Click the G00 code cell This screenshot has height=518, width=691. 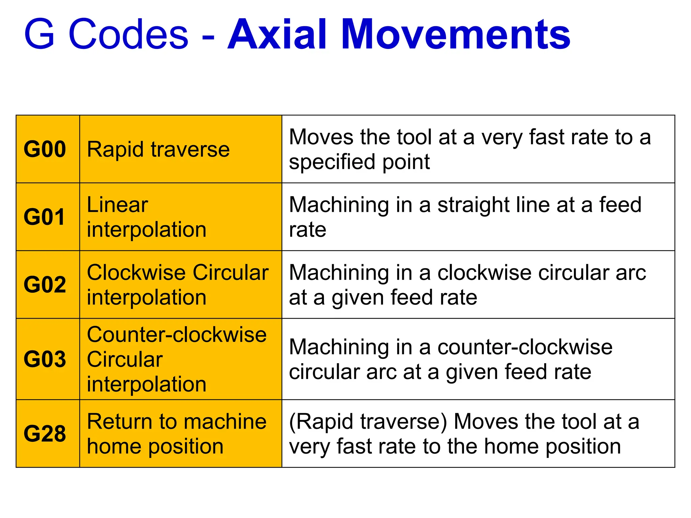[x=45, y=149]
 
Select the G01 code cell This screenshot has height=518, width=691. [x=44, y=217]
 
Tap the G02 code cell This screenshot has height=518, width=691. [x=45, y=285]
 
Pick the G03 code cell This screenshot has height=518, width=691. [x=45, y=359]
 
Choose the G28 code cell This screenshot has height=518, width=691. [x=45, y=434]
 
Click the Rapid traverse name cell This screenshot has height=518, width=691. [x=158, y=149]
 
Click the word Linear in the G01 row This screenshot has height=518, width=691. [x=117, y=205]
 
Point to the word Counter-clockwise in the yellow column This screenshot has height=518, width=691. [x=177, y=335]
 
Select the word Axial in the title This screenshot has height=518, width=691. [x=277, y=34]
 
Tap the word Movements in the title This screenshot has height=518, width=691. [x=455, y=34]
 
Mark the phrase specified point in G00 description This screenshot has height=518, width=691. [x=359, y=162]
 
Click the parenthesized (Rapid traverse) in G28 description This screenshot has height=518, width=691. [x=368, y=422]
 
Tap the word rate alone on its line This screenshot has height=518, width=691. [x=308, y=230]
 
